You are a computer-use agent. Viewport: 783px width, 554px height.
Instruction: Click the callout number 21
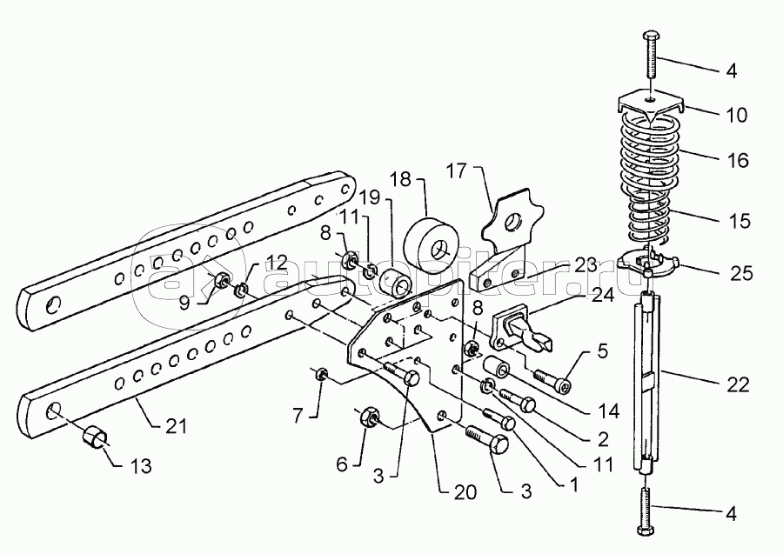click(x=175, y=426)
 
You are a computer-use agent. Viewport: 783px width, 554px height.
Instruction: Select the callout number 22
click(x=738, y=384)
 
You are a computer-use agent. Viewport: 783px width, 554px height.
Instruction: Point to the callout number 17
click(x=455, y=171)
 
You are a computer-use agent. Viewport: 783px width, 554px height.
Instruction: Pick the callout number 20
click(x=465, y=492)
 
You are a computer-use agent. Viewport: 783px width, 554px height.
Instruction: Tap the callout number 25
click(x=741, y=273)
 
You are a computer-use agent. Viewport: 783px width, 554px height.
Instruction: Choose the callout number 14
click(x=609, y=411)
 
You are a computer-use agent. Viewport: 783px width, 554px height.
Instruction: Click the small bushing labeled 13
click(x=94, y=437)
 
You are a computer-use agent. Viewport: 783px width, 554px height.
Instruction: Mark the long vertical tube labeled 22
click(x=648, y=382)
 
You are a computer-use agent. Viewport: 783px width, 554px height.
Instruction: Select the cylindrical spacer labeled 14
click(x=496, y=370)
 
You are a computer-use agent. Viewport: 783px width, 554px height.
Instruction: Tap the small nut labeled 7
click(x=320, y=374)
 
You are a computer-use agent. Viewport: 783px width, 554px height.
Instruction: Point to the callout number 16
click(x=738, y=160)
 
